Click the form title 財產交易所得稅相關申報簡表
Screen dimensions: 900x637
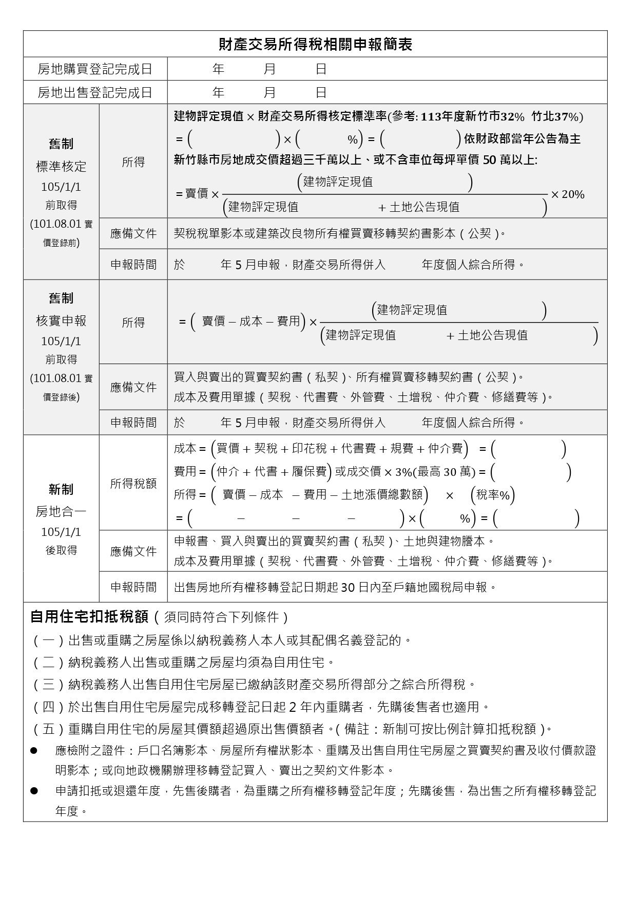(315, 45)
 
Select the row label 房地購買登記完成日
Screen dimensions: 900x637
(95, 69)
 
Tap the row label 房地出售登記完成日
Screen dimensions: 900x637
(95, 92)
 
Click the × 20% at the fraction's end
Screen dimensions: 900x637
(568, 194)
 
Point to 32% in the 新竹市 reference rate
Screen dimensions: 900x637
(512, 117)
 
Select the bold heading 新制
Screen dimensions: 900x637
(61, 490)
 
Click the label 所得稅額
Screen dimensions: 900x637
(133, 484)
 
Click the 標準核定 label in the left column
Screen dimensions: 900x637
(61, 167)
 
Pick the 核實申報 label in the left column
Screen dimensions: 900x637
(61, 321)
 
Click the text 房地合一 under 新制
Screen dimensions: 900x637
(61, 511)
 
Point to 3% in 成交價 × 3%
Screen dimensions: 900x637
(403, 472)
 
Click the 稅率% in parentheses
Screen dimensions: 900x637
(493, 495)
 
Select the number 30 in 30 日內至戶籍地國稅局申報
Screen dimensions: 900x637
(348, 587)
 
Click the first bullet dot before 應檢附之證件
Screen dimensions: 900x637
(34, 750)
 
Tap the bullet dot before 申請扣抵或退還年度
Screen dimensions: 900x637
(34, 791)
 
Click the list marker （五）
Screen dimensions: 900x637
(49, 729)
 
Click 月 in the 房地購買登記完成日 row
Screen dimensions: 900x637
(269, 69)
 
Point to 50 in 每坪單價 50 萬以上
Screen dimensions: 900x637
(490, 160)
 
